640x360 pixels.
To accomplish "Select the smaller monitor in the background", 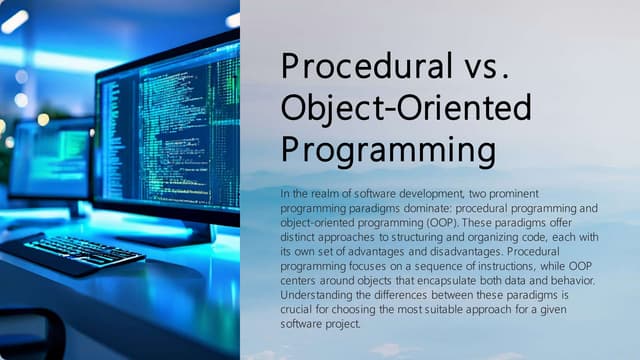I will pyautogui.click(x=50, y=160).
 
